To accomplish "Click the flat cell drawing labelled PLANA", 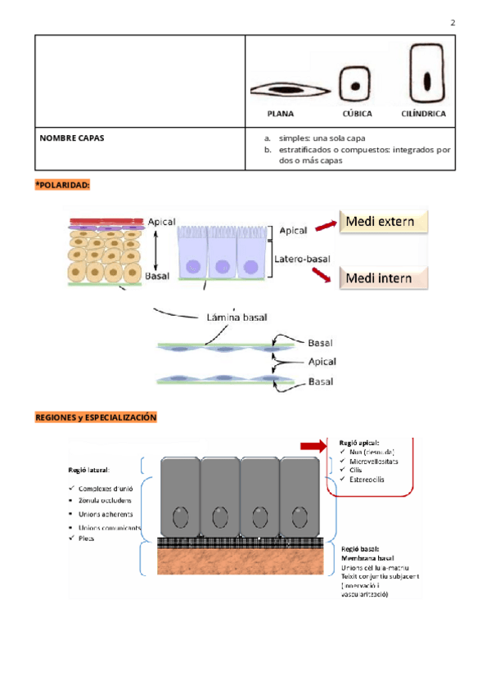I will click(290, 88).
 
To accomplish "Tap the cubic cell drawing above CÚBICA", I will click(355, 85).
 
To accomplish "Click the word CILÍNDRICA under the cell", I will click(424, 114).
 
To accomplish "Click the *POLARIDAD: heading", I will click(62, 186).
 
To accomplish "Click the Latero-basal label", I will click(302, 259).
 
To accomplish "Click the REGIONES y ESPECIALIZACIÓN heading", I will click(95, 417).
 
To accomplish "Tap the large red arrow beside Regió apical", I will click(313, 445).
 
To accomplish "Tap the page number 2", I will click(453, 22).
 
